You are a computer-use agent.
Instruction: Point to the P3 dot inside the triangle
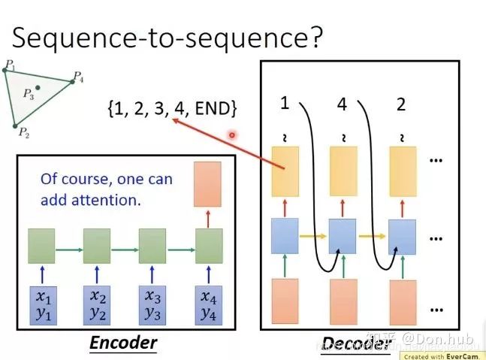tap(38, 89)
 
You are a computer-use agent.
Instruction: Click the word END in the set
tap(213, 110)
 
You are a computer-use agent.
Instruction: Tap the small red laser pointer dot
tap(233, 135)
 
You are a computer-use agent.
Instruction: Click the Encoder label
tap(122, 343)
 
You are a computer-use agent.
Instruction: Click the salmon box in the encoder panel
tap(208, 185)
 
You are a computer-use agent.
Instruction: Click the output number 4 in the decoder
tap(342, 104)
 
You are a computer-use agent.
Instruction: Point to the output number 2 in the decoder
tap(401, 104)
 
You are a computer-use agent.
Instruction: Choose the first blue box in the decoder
tap(284, 236)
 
